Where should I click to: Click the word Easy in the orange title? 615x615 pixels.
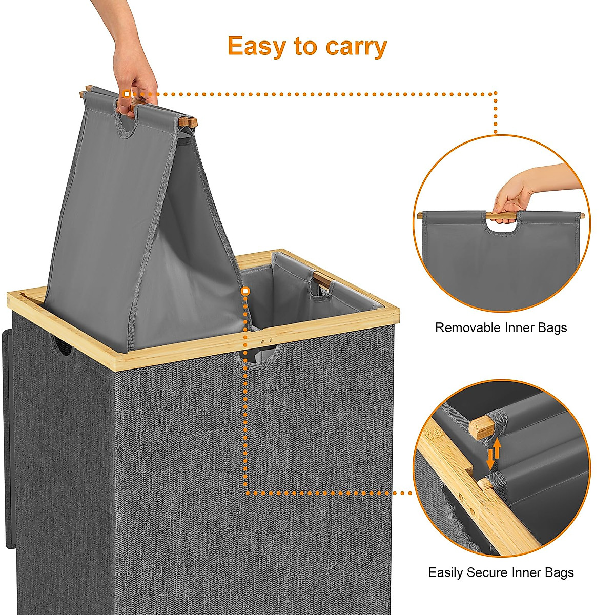pos(257,47)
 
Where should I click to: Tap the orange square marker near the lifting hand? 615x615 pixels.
pos(127,94)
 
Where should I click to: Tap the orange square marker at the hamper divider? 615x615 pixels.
pos(245,291)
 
